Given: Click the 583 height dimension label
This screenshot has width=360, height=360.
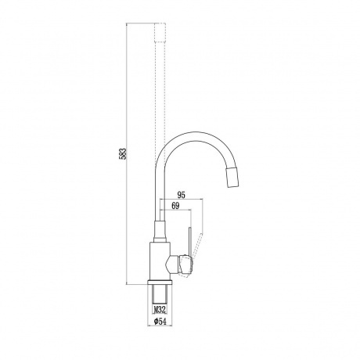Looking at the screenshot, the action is [x=124, y=153].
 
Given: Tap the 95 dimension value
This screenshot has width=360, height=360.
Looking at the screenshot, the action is [x=181, y=195].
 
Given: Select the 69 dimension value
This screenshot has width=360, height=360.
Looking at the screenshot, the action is [x=175, y=206].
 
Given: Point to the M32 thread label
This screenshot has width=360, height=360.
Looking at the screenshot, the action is [x=160, y=310].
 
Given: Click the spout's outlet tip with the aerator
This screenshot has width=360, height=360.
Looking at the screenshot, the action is [x=233, y=178].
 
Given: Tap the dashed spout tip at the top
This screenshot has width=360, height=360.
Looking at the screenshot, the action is [x=160, y=32].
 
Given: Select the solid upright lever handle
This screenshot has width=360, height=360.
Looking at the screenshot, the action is [x=190, y=241].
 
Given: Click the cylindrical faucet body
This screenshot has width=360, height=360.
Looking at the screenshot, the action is [x=160, y=261].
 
